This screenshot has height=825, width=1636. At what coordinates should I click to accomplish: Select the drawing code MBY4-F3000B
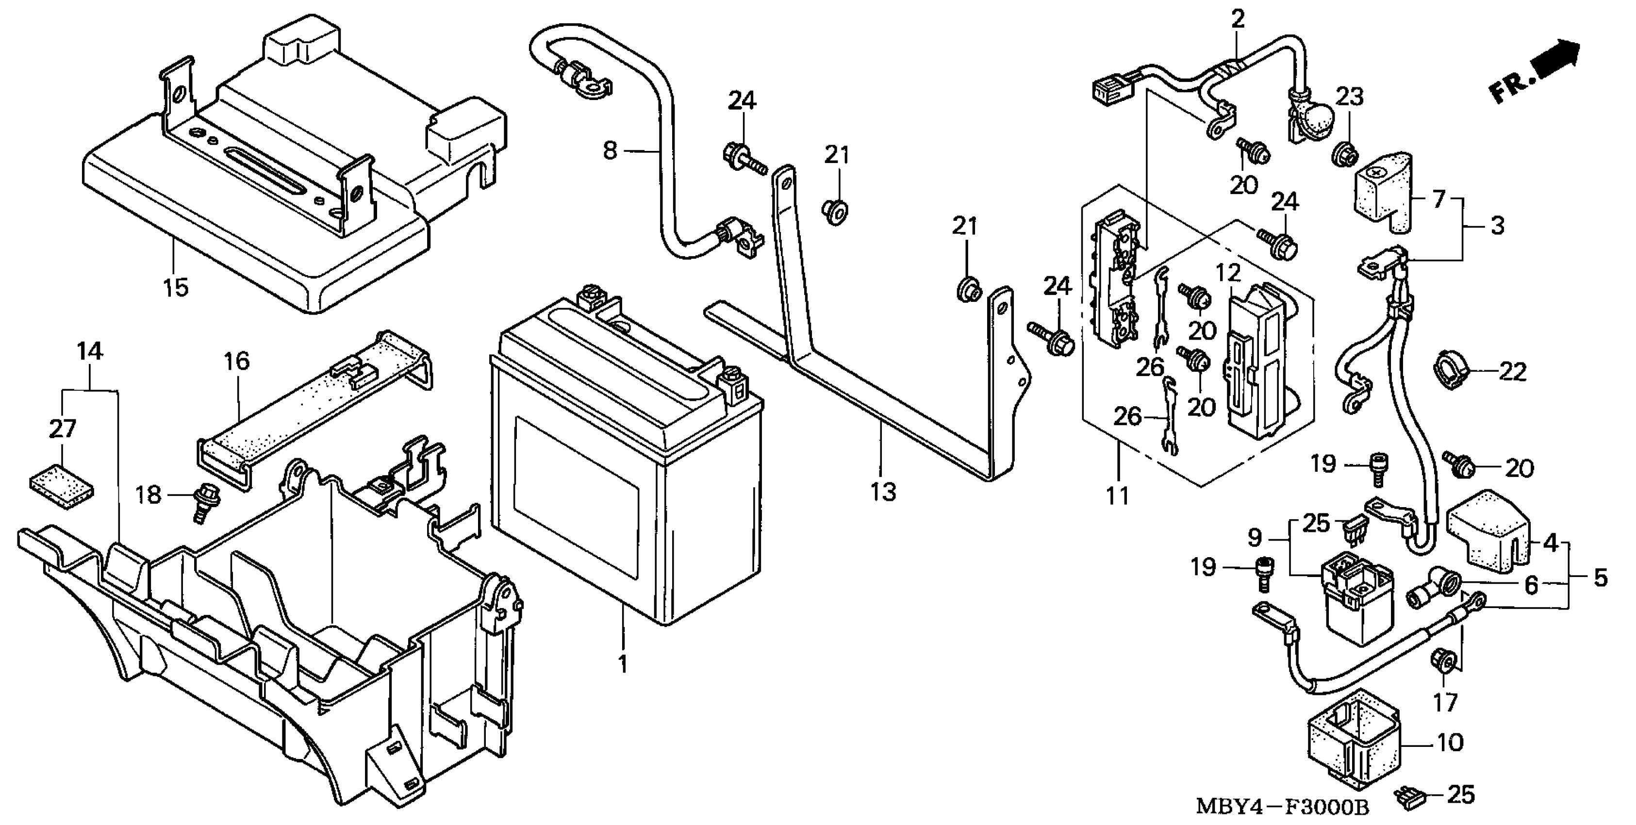click(1282, 807)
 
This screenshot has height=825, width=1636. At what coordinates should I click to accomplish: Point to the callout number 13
click(883, 491)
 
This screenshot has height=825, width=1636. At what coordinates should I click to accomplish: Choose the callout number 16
click(237, 362)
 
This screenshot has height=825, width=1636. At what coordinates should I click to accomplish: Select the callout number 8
click(610, 151)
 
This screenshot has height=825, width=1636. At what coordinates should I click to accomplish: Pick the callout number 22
click(1513, 372)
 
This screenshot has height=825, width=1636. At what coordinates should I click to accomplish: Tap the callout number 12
click(1229, 273)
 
